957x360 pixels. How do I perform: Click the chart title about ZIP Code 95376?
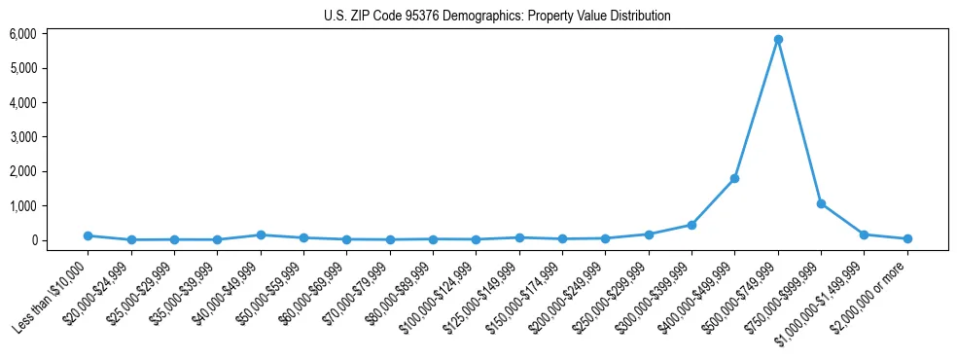[x=497, y=16]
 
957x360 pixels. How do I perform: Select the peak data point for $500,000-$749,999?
[x=778, y=40]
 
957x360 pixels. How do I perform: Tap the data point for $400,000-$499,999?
[x=734, y=179]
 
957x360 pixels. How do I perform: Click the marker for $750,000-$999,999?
[x=821, y=204]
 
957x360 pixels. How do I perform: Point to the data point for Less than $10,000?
[x=88, y=235]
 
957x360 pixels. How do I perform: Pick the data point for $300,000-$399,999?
[x=691, y=225]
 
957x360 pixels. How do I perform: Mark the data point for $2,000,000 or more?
[x=907, y=238]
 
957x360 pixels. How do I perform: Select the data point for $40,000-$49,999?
[x=261, y=235]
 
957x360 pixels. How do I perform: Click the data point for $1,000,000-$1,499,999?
[x=864, y=234]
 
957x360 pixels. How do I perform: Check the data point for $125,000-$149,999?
[x=519, y=237]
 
